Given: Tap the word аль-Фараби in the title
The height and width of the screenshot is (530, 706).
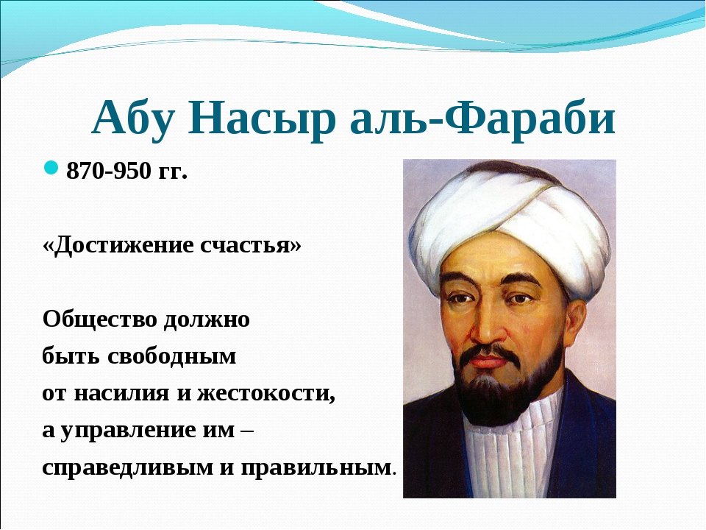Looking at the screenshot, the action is pyautogui.click(x=482, y=118).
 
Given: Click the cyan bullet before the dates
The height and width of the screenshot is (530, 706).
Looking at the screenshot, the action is pyautogui.click(x=51, y=168).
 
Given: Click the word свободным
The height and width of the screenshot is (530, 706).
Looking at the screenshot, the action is pyautogui.click(x=171, y=357).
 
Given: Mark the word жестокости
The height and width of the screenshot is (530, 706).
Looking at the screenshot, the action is pyautogui.click(x=266, y=393).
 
